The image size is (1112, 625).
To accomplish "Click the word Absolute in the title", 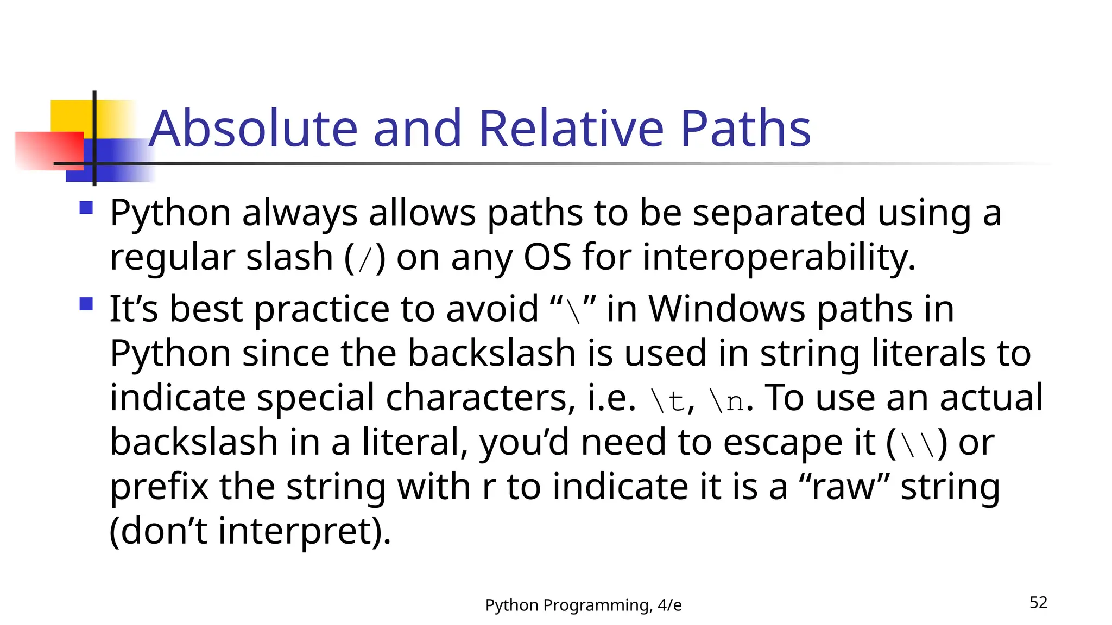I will [x=253, y=129].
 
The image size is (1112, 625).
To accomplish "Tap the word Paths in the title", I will [x=745, y=129].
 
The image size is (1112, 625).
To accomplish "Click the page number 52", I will [x=1038, y=603].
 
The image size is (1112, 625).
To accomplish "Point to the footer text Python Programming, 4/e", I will [x=583, y=605].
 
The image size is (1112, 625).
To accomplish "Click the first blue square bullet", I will [x=86, y=208].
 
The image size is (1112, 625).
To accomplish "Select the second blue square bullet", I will [x=86, y=304].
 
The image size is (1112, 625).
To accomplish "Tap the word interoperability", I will [x=779, y=257].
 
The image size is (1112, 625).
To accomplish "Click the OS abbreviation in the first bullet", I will [x=547, y=257].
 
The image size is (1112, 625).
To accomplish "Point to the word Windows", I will [x=726, y=309].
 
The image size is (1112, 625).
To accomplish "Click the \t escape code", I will [x=667, y=400].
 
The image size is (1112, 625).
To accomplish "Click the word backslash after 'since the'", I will [x=491, y=354].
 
